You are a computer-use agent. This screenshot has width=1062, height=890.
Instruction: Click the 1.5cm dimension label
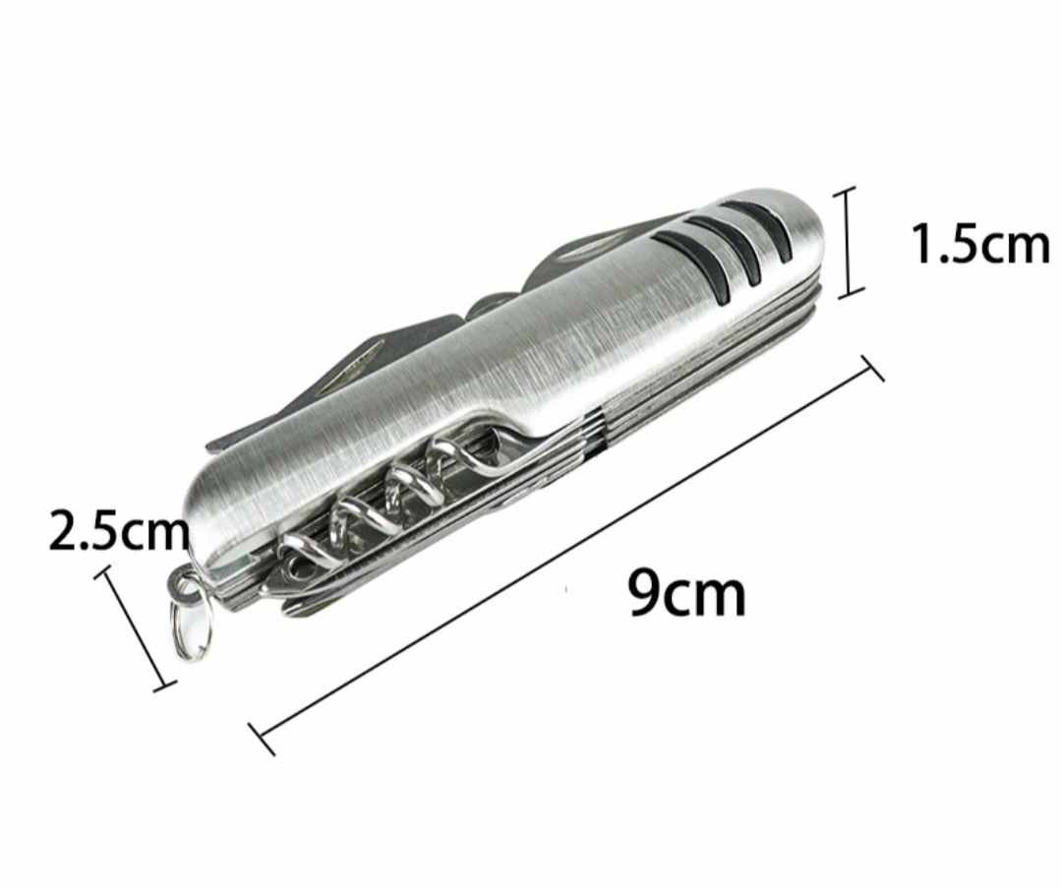[x=980, y=244]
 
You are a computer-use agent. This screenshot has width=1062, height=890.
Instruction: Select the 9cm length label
[x=686, y=593]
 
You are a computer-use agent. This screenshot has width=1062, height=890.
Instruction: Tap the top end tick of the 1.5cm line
[x=846, y=192]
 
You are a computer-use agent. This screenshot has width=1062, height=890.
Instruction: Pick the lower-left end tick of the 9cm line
[x=262, y=739]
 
